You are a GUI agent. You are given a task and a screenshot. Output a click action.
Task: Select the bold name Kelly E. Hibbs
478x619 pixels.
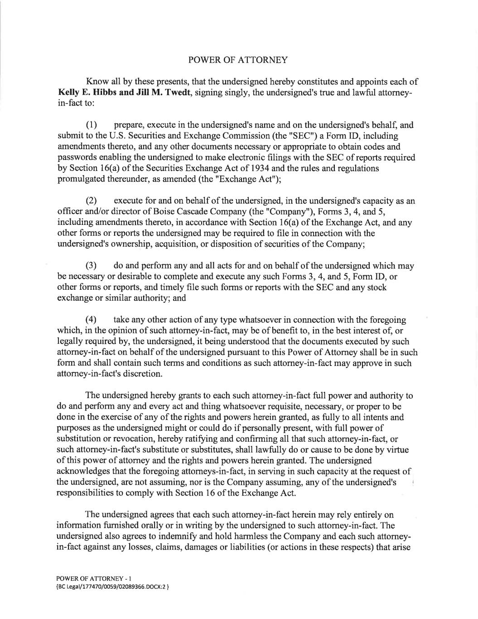86,93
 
